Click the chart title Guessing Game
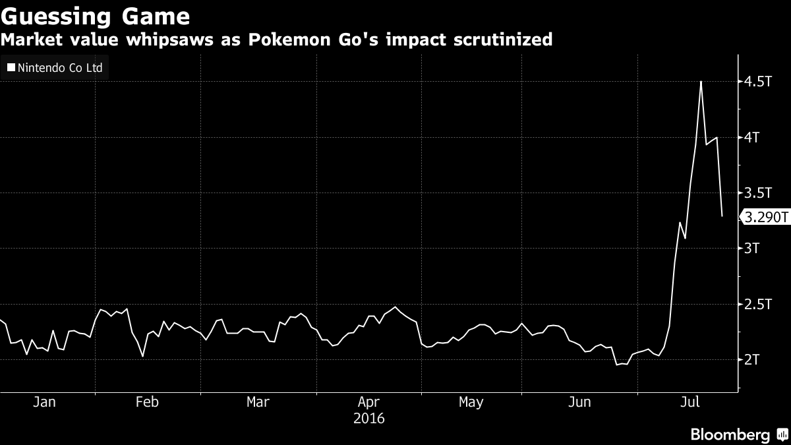(x=96, y=16)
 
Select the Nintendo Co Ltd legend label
(x=59, y=67)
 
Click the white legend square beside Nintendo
(x=11, y=67)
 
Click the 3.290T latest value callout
(x=765, y=217)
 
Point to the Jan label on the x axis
(x=44, y=402)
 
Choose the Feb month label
(x=146, y=402)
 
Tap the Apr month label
(x=368, y=402)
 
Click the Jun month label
(x=579, y=402)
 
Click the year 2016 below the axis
(x=368, y=419)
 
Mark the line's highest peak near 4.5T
(x=701, y=82)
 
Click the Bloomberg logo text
(x=730, y=434)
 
